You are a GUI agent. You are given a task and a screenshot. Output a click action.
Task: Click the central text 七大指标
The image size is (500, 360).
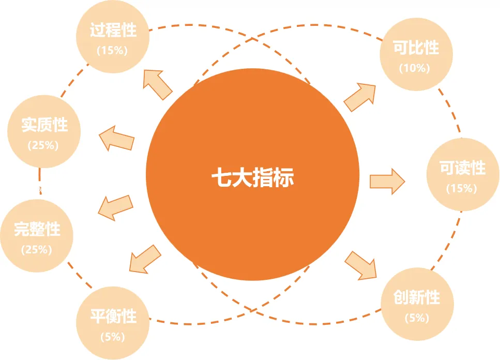point(252,178)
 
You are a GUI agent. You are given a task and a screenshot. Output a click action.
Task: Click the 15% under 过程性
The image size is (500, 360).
point(112,51)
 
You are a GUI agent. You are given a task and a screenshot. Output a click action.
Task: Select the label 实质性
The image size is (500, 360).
point(44,125)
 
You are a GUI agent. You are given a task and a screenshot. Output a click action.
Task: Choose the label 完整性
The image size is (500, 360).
point(37,229)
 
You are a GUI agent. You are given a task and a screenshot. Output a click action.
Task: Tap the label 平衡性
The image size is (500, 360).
point(113,316)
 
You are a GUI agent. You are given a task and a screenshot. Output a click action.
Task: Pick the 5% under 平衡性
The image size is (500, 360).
point(113,337)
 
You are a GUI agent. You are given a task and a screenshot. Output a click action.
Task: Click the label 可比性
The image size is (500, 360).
point(416,48)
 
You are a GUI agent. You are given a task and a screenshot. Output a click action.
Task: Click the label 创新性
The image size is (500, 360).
point(417,297)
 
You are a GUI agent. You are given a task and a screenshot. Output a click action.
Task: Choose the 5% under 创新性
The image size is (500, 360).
point(417,318)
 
